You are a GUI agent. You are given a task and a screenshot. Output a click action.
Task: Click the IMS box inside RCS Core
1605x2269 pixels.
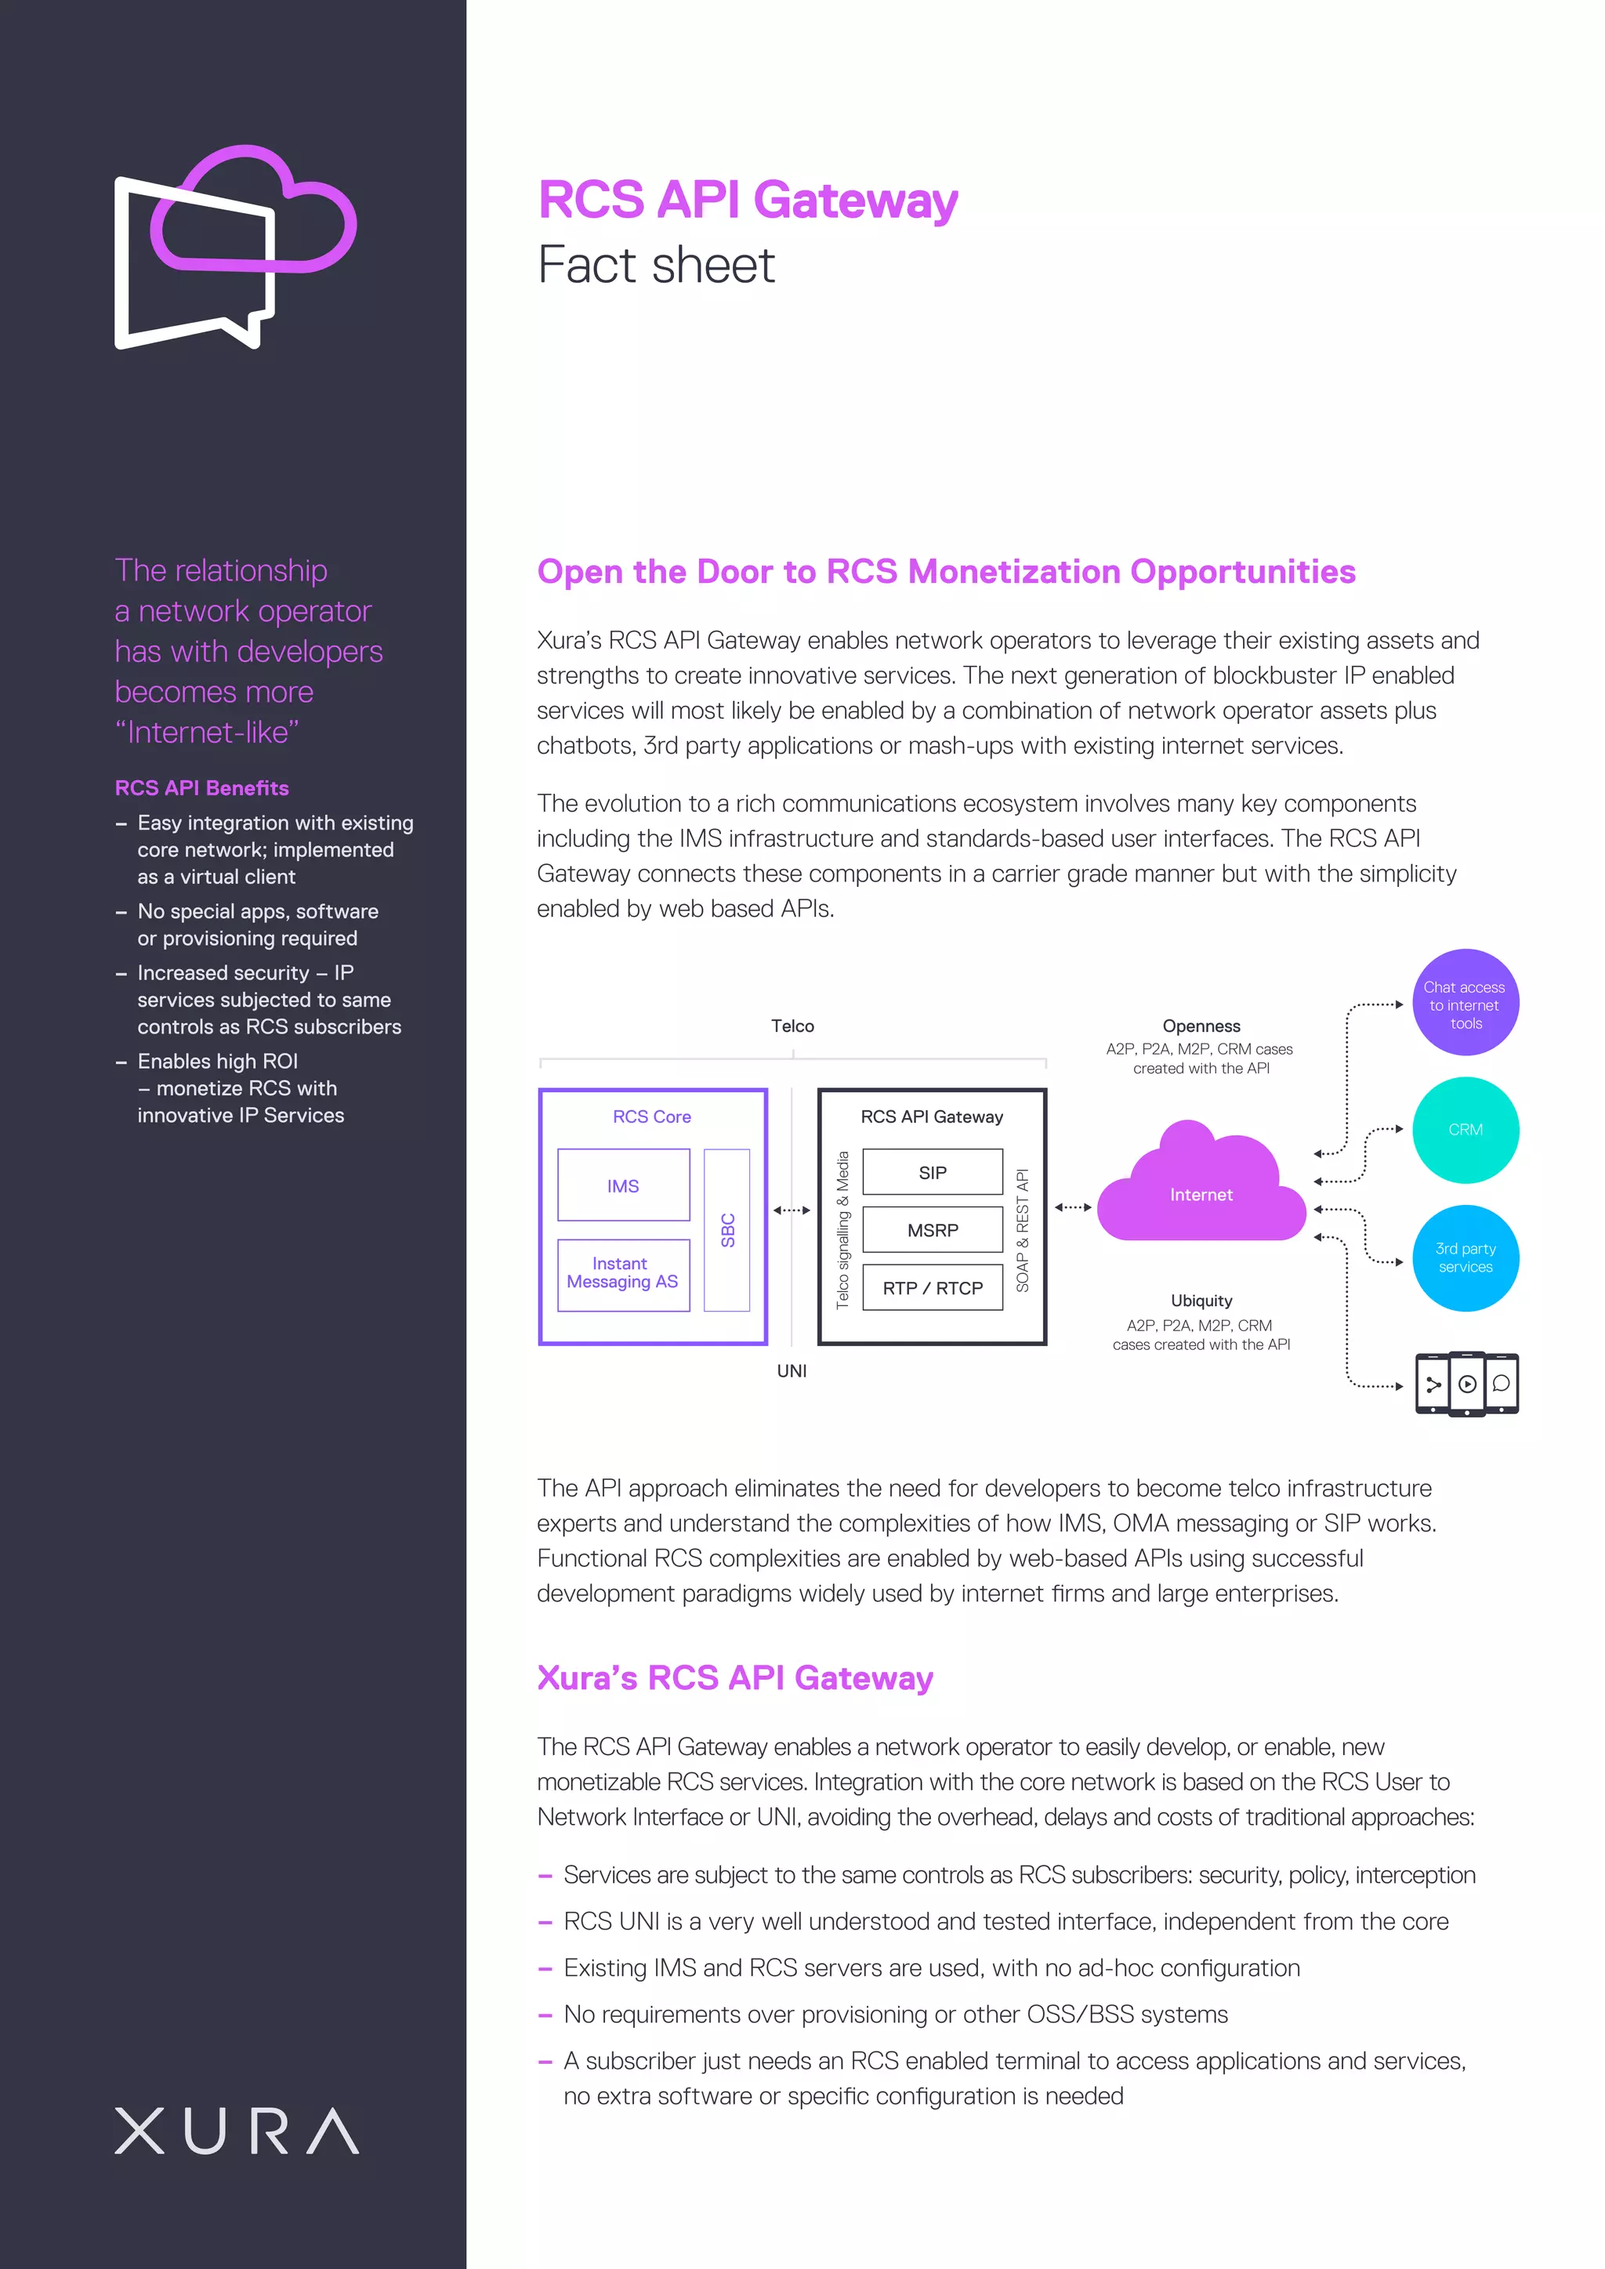pyautogui.click(x=624, y=1185)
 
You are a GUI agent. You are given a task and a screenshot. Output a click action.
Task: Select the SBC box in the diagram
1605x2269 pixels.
pyautogui.click(x=726, y=1229)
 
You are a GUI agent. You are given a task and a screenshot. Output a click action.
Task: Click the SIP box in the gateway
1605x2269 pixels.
pyautogui.click(x=932, y=1172)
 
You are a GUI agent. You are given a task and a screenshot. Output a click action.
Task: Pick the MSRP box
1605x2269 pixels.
pyautogui.click(x=932, y=1229)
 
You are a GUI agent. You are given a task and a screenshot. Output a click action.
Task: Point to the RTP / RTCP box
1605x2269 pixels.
pyautogui.click(x=932, y=1288)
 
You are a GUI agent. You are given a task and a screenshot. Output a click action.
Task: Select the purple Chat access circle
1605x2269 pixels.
pyautogui.click(x=1465, y=1003)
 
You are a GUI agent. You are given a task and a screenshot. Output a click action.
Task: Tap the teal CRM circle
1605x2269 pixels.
pyautogui.click(x=1465, y=1130)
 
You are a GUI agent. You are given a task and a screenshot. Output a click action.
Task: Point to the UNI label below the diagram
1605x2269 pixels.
pyautogui.click(x=792, y=1370)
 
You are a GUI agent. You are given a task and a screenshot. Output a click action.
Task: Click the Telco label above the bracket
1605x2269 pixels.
pyautogui.click(x=792, y=1026)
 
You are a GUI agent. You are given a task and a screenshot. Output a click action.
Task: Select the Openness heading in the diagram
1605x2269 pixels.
pyautogui.click(x=1201, y=1026)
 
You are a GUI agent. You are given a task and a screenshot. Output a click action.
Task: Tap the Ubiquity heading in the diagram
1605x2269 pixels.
pyautogui.click(x=1201, y=1301)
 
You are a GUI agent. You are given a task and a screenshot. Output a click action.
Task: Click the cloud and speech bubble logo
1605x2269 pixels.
pyautogui.click(x=235, y=247)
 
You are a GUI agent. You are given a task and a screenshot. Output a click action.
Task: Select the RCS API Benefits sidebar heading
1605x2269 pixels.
pyautogui.click(x=201, y=787)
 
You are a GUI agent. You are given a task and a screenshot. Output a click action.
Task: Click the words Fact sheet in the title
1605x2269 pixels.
pyautogui.click(x=656, y=265)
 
